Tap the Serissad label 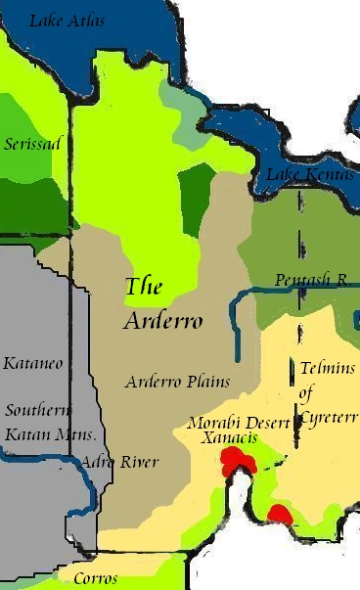32,144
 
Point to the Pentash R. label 311,280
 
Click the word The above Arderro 144,287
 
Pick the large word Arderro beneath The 163,321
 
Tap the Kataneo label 32,363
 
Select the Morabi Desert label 238,423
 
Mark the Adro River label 120,461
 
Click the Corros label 96,578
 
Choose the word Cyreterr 329,418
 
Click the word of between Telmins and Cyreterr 307,395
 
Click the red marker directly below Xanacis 234,460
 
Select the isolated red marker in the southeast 280,515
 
